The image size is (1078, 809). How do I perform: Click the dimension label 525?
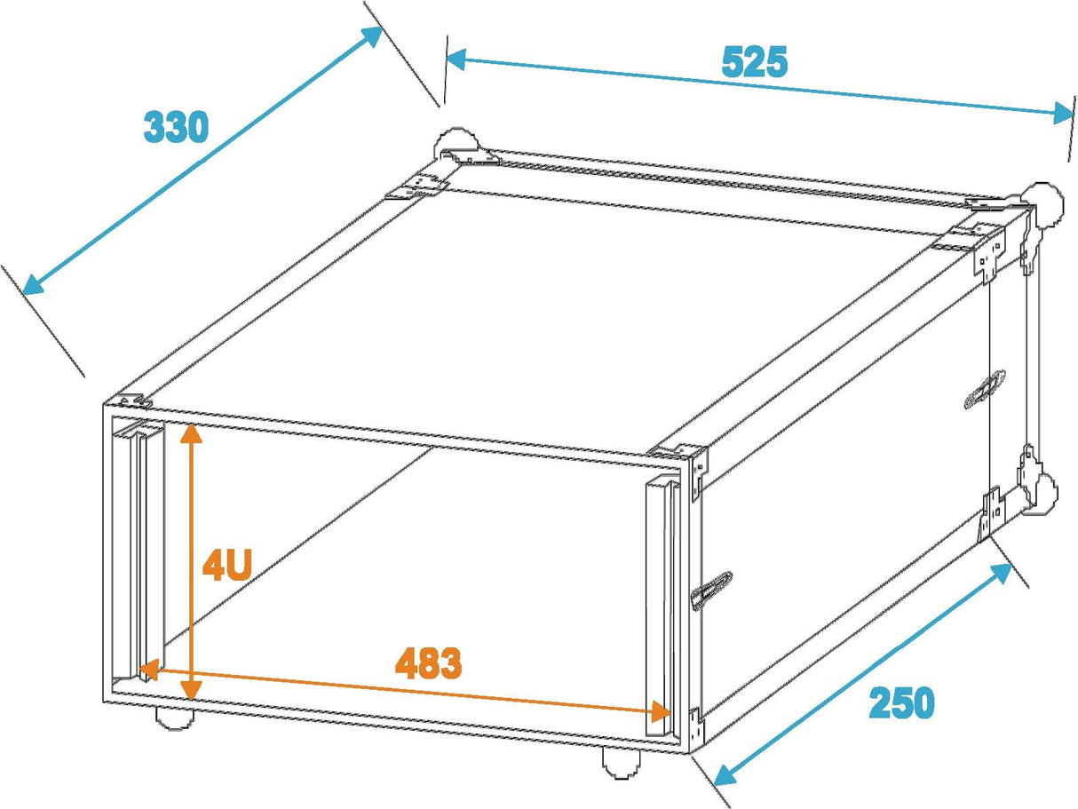coord(754,63)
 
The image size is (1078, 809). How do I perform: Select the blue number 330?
coord(176,128)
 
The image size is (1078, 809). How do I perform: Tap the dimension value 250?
coord(901,703)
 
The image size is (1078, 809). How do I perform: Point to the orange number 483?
coord(429,664)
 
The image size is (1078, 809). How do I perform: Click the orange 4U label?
coord(228,565)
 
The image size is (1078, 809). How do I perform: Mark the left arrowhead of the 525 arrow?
coord(455,59)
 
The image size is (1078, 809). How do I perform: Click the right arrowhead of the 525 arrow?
coord(1066,113)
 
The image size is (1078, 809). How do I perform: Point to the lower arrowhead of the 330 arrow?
coord(31,285)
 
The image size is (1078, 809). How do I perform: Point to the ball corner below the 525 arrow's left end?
coord(455,144)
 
